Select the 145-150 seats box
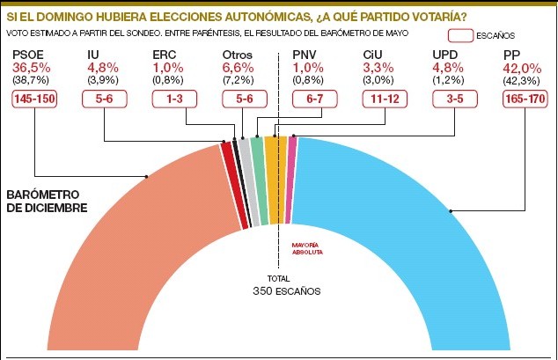pyautogui.click(x=34, y=99)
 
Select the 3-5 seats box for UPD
pyautogui.click(x=454, y=99)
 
